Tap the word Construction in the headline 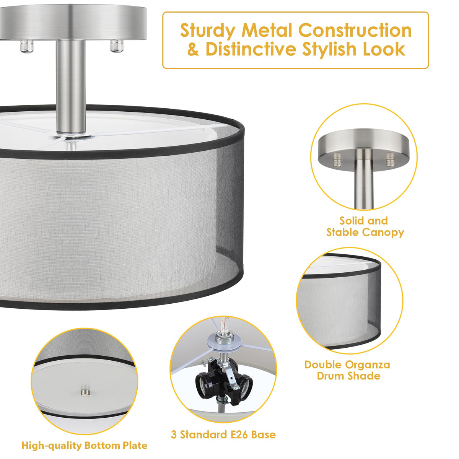click(x=355, y=30)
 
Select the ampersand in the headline click(x=193, y=49)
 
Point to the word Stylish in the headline click(x=330, y=50)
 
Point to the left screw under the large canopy click(x=26, y=46)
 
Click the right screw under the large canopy click(x=117, y=46)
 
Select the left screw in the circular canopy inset click(x=337, y=160)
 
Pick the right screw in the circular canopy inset click(x=390, y=160)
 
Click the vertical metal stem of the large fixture click(x=71, y=87)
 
